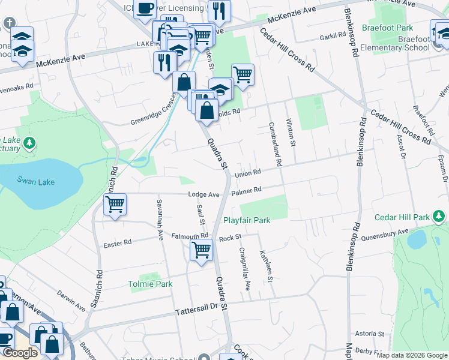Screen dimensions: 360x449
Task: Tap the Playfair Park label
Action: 247,220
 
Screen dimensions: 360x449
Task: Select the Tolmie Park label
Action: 150,284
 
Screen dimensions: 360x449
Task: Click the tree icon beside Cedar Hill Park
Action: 439,217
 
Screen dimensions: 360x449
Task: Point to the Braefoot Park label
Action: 388,28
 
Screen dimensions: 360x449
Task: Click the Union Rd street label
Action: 247,173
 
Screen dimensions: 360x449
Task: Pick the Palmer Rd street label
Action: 246,191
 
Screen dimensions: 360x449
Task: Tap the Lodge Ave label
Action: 204,194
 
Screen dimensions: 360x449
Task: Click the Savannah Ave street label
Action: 160,220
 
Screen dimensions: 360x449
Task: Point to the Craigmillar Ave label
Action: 246,269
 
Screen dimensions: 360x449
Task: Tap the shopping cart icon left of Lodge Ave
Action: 114,204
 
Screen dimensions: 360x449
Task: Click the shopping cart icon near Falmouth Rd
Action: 202,249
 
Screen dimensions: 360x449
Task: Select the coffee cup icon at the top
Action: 145,8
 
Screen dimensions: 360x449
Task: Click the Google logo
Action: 20,353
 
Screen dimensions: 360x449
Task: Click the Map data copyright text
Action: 411,355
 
